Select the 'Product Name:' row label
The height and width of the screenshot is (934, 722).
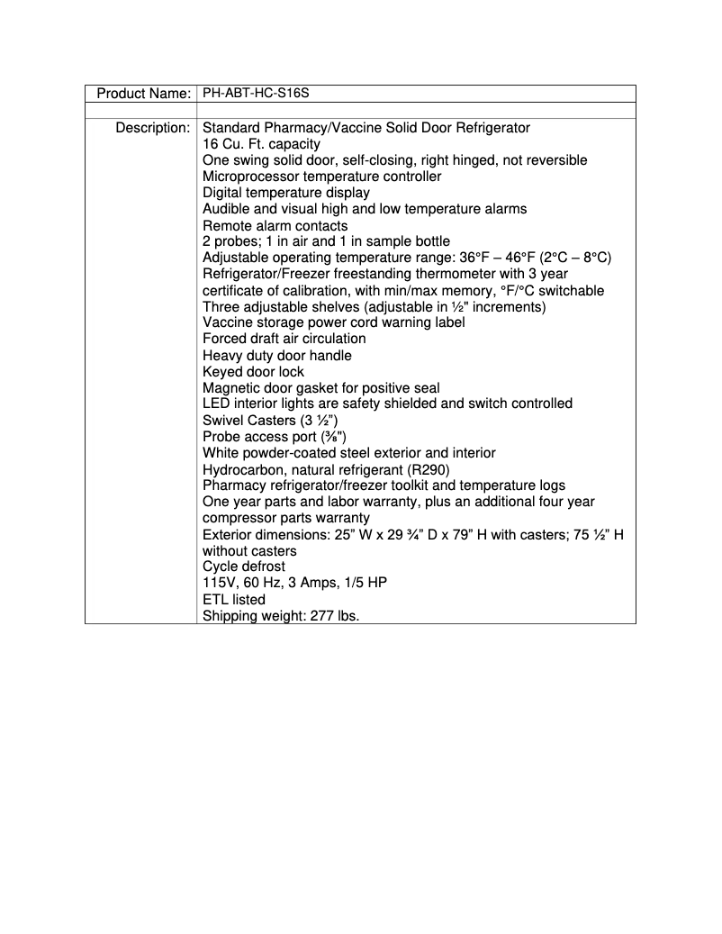click(143, 94)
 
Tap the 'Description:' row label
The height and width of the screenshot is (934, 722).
click(152, 128)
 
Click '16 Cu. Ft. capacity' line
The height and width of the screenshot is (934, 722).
click(261, 144)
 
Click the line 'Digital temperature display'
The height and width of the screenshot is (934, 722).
click(285, 193)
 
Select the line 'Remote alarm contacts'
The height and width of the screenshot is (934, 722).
click(275, 225)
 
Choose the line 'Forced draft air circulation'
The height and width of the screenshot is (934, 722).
click(284, 339)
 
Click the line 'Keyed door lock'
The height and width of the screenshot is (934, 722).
click(253, 371)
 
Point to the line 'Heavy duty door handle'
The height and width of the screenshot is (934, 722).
click(276, 355)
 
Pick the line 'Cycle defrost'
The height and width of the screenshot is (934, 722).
click(243, 567)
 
